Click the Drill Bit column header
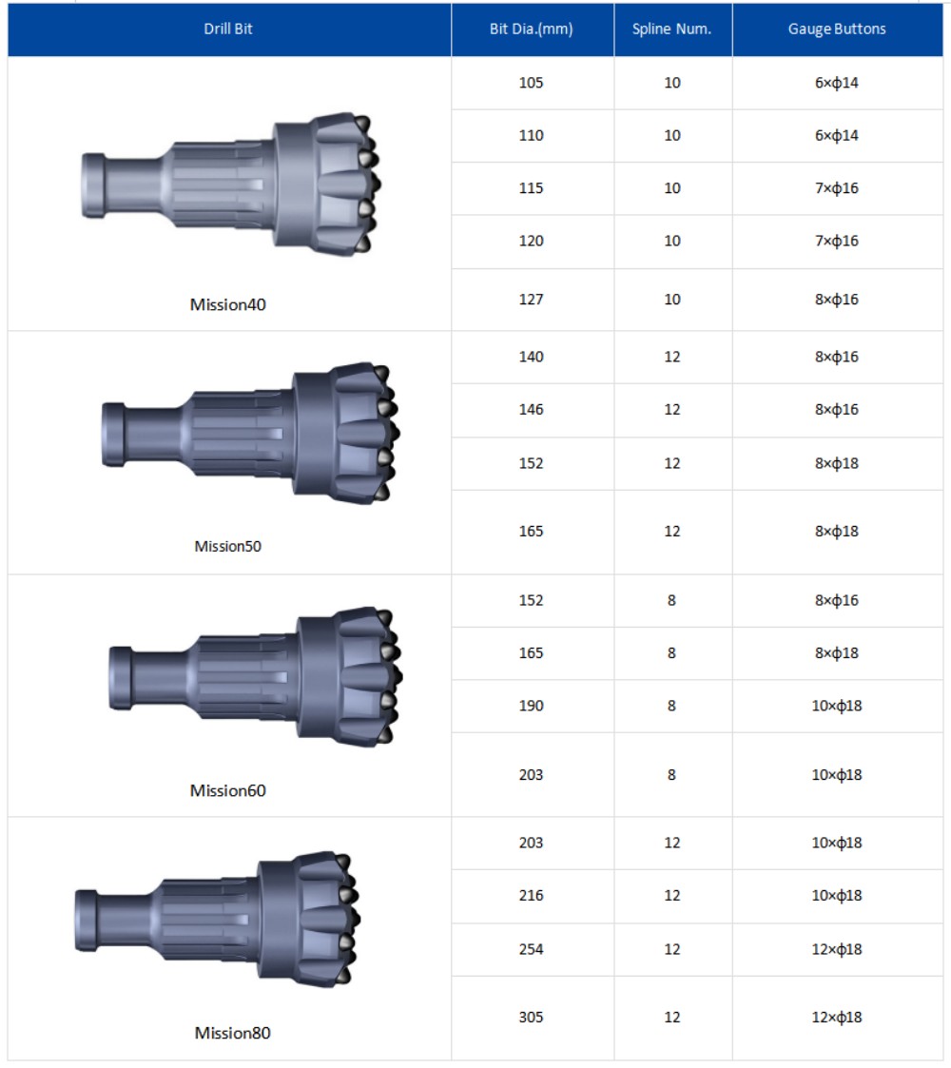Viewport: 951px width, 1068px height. pyautogui.click(x=228, y=29)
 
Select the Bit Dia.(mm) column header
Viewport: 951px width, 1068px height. pyautogui.click(x=532, y=29)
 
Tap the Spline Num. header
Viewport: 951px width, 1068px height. pyautogui.click(x=671, y=29)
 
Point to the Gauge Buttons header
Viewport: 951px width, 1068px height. pyautogui.click(x=837, y=29)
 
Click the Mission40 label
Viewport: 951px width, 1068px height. pyautogui.click(x=227, y=304)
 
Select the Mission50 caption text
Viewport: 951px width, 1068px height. pyautogui.click(x=227, y=546)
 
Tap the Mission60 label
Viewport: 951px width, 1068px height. pyautogui.click(x=227, y=790)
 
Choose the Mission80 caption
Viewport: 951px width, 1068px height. pyautogui.click(x=232, y=1033)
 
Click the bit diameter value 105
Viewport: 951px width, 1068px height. pyautogui.click(x=532, y=83)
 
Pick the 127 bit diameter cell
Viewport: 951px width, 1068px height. pyautogui.click(x=532, y=299)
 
